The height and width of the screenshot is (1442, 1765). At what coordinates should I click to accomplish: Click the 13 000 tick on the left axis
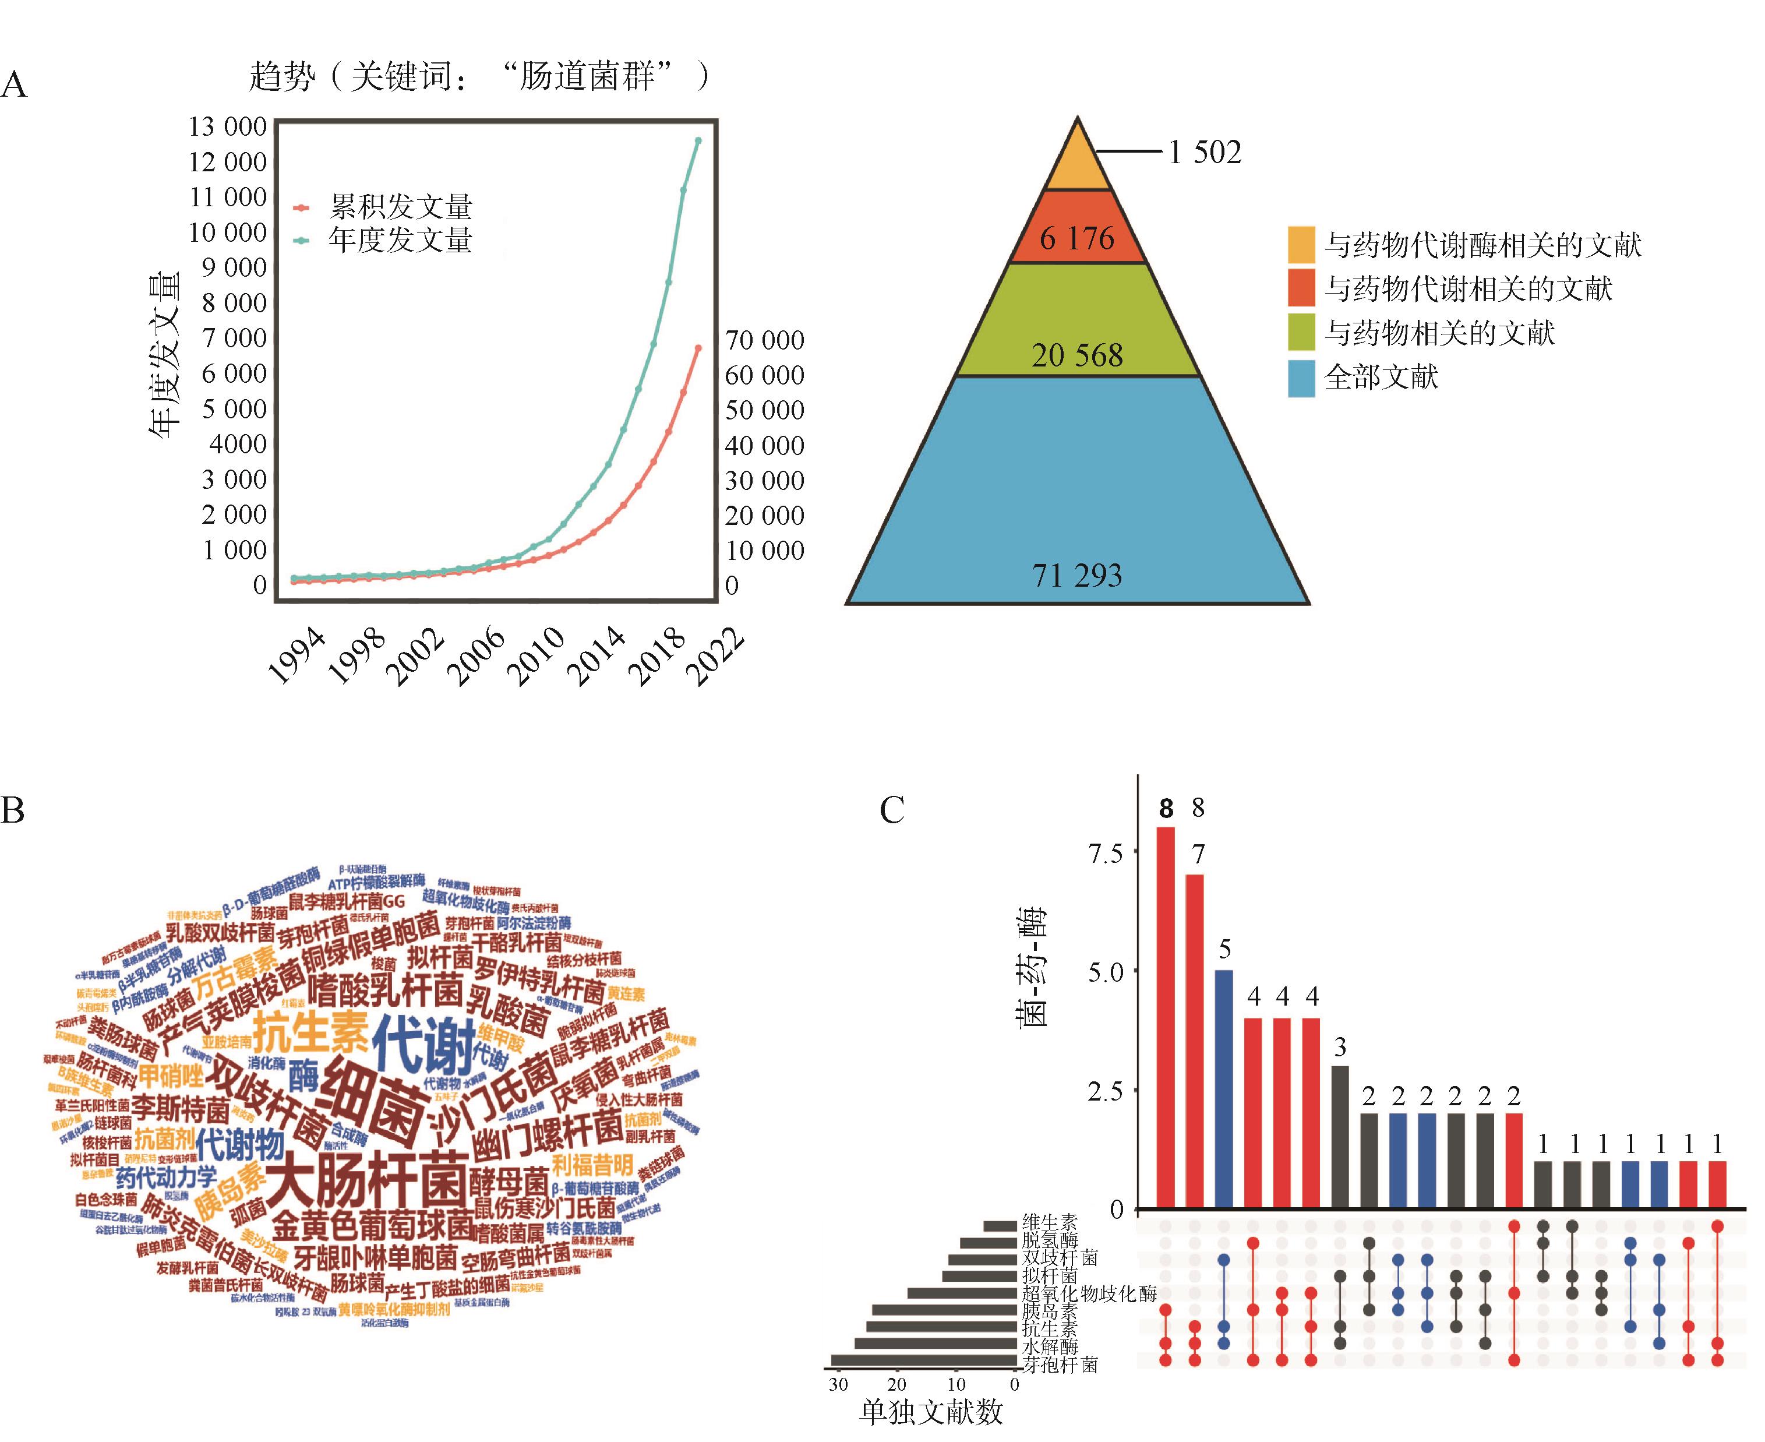227,127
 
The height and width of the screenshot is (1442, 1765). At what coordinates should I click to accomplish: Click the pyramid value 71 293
1076,575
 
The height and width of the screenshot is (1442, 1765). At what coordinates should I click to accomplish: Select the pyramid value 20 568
1076,355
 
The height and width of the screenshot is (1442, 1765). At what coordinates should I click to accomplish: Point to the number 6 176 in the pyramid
1076,239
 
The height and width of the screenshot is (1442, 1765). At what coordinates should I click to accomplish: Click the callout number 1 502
1205,152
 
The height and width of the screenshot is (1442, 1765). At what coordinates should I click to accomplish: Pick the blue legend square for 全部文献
1301,378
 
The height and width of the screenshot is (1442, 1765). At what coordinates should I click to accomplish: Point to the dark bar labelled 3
1340,1137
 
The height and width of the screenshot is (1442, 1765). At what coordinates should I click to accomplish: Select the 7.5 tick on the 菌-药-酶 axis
1104,853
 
